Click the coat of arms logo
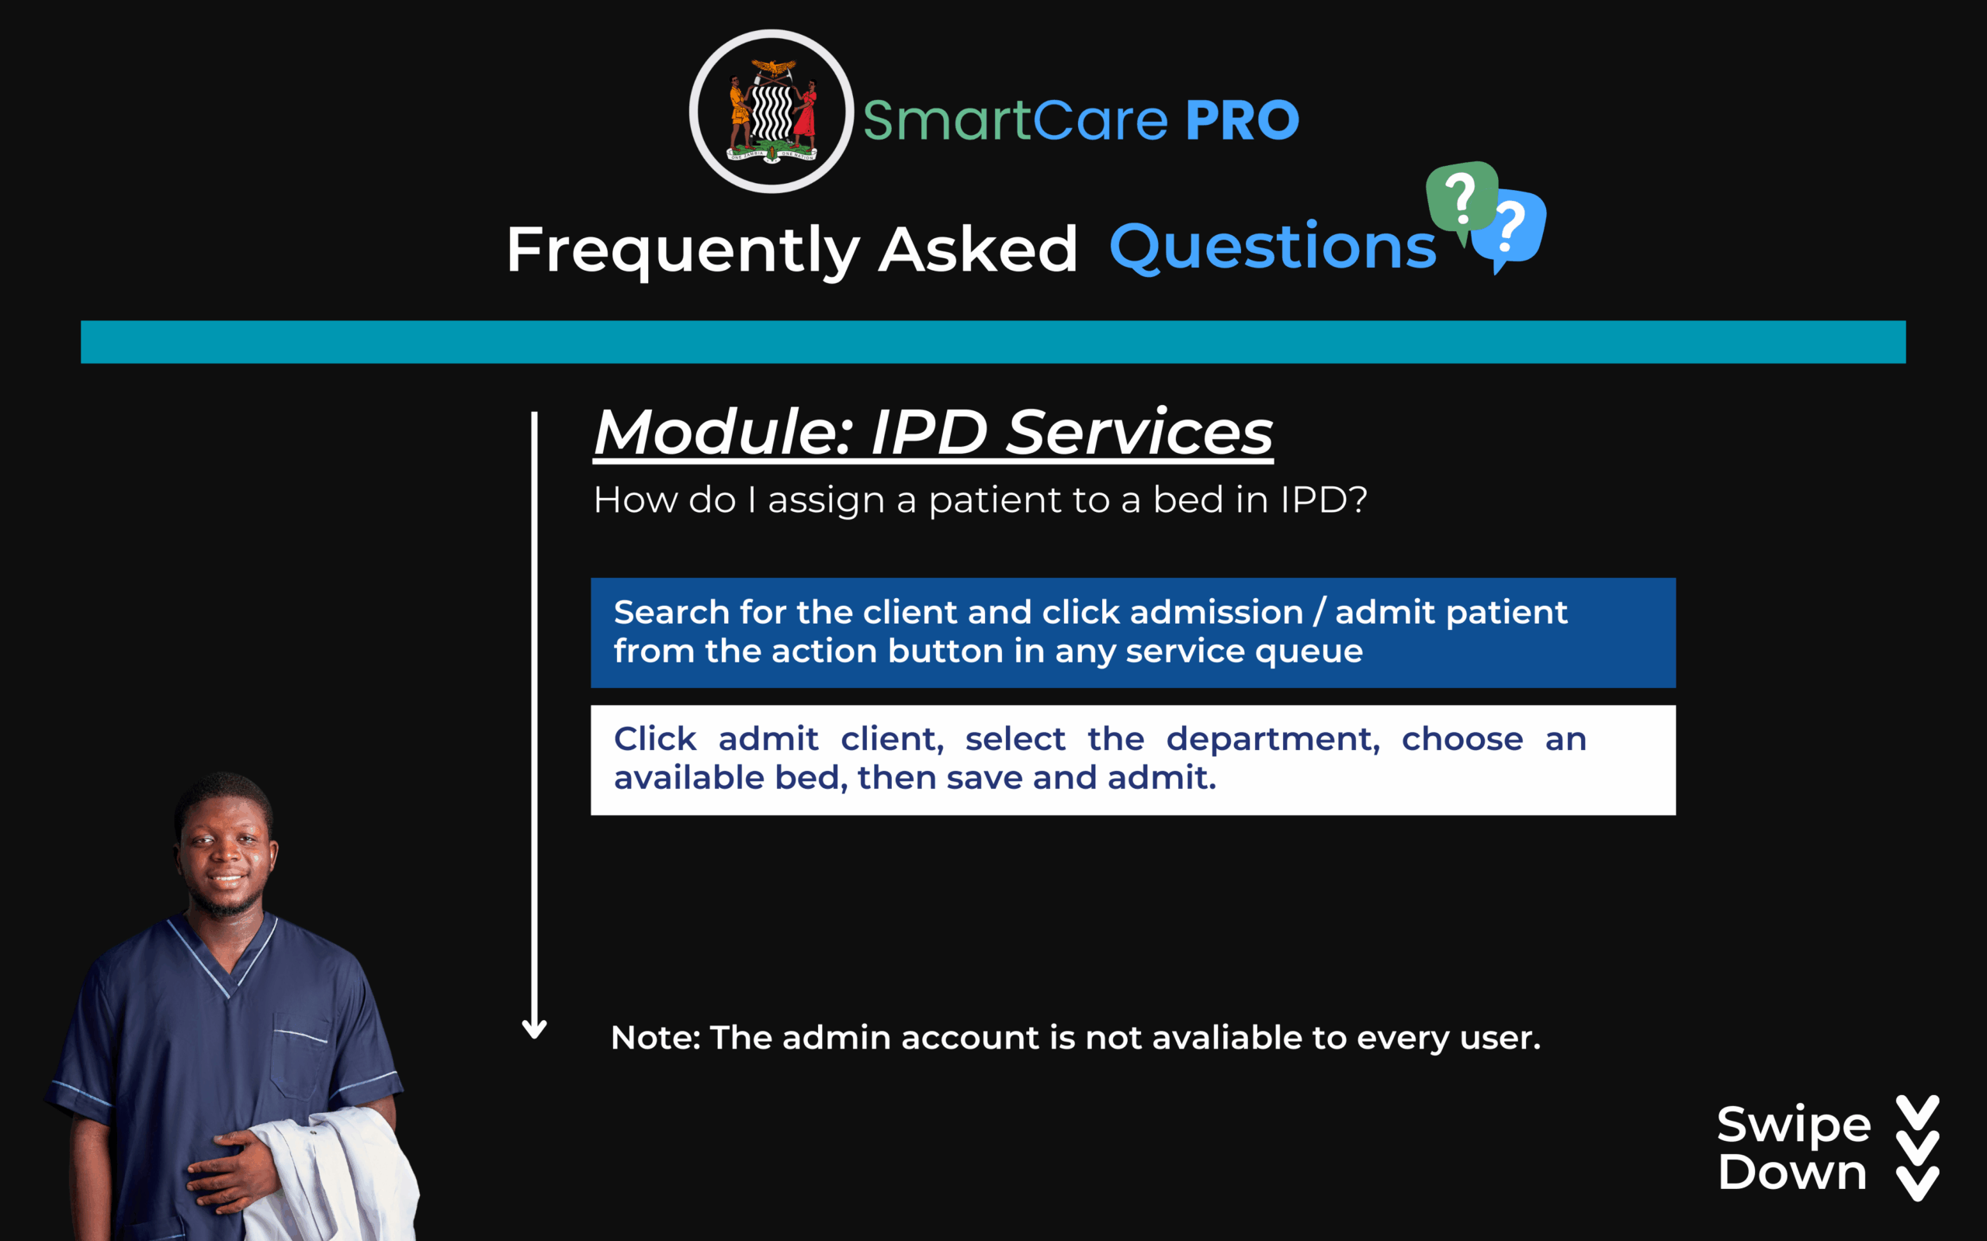coord(772,112)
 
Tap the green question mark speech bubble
coord(1462,200)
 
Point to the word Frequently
coord(683,251)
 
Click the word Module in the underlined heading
coord(723,432)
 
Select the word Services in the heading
coord(1139,432)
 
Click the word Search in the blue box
coord(671,612)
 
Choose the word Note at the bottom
coord(655,1038)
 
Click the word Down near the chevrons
coord(1792,1171)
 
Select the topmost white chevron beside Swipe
coord(1918,1113)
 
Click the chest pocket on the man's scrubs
coord(300,1059)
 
